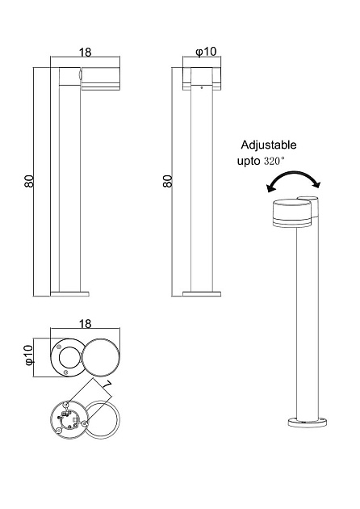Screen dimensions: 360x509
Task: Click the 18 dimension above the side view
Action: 86,52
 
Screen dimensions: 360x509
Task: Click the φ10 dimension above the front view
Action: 206,51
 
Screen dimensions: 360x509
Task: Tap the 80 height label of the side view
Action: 29,181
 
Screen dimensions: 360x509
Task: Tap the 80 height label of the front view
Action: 167,181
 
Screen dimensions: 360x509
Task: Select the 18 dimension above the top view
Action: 86,324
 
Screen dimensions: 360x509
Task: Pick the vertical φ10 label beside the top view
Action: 29,355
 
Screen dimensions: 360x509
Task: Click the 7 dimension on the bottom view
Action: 107,385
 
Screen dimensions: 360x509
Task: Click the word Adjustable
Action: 269,145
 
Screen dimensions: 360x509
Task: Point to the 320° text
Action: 274,161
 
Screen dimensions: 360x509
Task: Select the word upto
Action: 249,161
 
